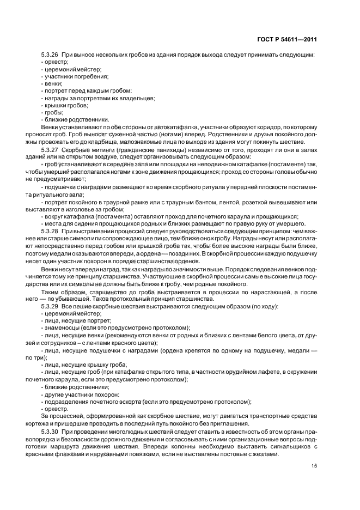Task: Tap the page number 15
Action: (314, 465)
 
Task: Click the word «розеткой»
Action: (246, 203)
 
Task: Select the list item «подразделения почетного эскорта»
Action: (91, 402)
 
